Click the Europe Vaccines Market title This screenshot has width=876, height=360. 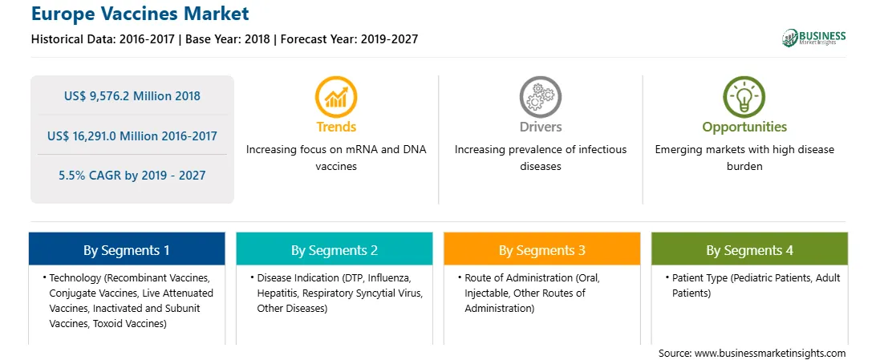140,14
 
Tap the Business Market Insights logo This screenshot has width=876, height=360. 814,38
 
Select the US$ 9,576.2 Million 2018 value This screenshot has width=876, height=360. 132,96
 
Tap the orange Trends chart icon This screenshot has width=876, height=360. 336,97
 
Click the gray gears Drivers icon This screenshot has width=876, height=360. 540,97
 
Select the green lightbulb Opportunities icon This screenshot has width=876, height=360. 744,97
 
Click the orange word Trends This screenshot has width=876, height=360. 336,127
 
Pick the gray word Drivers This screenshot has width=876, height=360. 540,127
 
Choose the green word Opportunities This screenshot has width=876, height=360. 744,127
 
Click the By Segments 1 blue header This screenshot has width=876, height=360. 127,249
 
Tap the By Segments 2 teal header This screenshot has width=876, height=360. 334,249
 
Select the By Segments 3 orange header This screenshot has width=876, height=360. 542,249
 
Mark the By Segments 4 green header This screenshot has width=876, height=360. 749,249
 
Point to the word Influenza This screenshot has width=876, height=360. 391,277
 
